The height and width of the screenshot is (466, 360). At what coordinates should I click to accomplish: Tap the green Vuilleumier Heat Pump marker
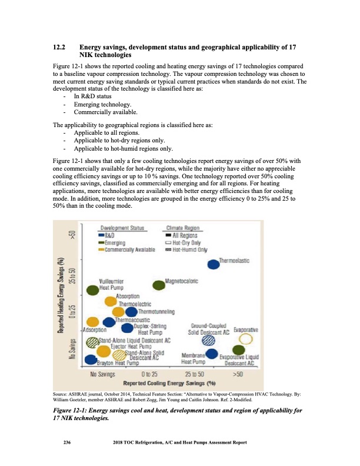coord(93,289)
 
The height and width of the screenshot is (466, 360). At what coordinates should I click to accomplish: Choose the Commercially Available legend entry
coord(126,249)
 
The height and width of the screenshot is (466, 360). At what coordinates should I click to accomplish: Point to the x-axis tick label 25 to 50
coord(195,374)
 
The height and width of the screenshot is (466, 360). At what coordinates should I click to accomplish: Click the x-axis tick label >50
coord(238,374)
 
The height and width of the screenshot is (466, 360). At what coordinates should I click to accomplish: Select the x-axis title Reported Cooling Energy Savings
coord(165,382)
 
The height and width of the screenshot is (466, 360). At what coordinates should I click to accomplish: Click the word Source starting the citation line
coord(62,395)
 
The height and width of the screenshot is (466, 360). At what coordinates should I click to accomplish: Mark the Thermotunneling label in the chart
coord(157,311)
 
